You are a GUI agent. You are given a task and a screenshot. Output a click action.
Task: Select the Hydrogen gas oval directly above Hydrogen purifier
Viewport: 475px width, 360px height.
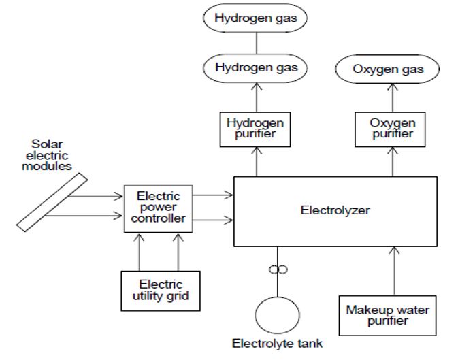click(x=256, y=67)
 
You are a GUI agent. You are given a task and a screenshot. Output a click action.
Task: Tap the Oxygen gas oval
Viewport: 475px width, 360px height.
click(x=388, y=69)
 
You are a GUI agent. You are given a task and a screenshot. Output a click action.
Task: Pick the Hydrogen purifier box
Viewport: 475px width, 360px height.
click(x=256, y=128)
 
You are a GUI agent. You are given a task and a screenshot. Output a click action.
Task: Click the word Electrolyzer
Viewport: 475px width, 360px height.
click(x=335, y=210)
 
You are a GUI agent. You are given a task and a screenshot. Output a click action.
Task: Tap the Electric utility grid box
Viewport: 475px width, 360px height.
click(x=160, y=290)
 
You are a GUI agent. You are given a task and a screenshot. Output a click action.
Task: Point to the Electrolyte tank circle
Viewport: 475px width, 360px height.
click(x=277, y=316)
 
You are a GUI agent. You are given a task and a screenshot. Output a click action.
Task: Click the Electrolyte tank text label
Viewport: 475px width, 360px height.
click(x=277, y=344)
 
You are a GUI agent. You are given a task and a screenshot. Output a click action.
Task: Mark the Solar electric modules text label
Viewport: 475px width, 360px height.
click(x=52, y=155)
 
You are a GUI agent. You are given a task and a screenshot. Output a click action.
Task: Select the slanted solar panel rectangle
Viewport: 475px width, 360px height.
click(x=52, y=202)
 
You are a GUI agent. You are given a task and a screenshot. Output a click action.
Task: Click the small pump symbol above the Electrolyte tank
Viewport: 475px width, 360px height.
click(x=277, y=269)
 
